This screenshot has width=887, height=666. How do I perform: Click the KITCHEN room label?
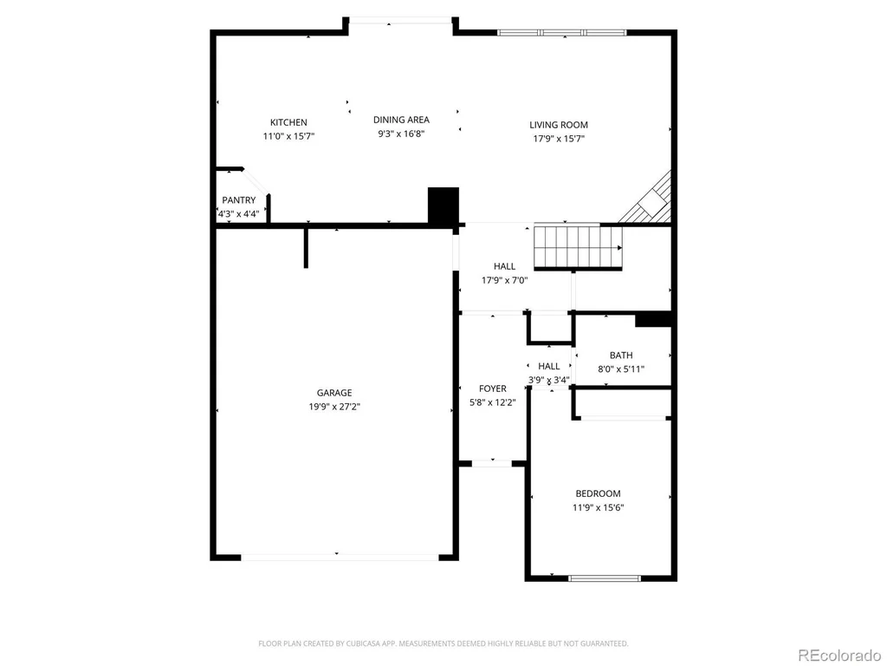click(x=288, y=122)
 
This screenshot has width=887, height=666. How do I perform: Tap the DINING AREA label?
click(x=401, y=120)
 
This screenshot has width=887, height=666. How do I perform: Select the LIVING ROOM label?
click(x=559, y=125)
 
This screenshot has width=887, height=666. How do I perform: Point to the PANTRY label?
click(x=239, y=200)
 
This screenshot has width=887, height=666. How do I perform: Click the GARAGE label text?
click(x=334, y=393)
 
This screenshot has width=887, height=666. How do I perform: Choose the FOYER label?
click(x=493, y=388)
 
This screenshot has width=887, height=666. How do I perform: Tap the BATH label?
click(x=621, y=355)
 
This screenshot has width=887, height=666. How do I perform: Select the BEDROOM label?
click(x=598, y=493)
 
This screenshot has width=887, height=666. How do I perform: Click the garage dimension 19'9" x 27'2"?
click(x=334, y=407)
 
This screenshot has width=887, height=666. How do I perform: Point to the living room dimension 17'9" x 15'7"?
click(x=559, y=139)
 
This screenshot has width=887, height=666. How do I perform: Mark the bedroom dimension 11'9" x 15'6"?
click(x=598, y=507)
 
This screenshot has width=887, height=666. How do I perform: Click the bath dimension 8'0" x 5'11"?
click(x=621, y=369)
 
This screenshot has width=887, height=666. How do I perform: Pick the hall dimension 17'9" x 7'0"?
click(x=505, y=280)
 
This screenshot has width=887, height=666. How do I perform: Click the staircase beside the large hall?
click(x=578, y=247)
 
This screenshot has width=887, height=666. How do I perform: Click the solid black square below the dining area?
click(x=443, y=206)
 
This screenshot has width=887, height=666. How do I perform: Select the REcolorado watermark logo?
click(x=839, y=656)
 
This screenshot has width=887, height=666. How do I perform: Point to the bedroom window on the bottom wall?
click(x=604, y=578)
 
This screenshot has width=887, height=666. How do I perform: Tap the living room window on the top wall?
click(x=561, y=33)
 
